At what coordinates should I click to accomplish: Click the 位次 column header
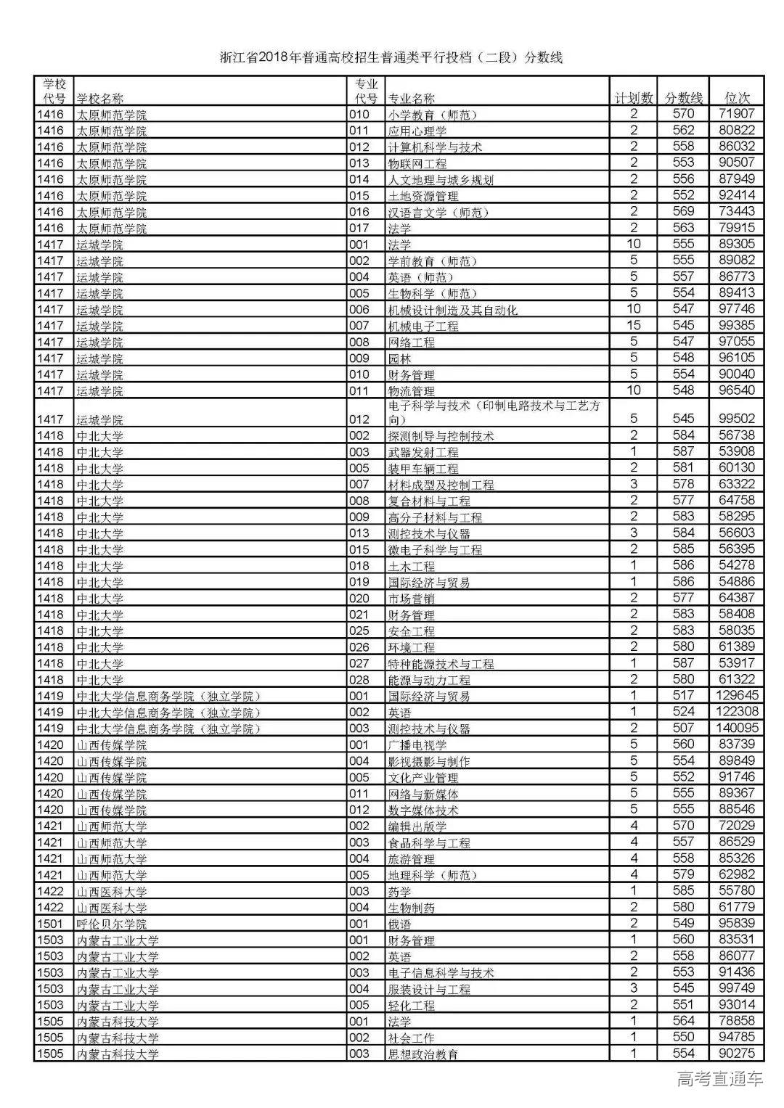tap(738, 98)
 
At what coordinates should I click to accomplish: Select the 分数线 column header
tap(684, 98)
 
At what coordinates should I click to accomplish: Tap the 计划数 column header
tap(634, 98)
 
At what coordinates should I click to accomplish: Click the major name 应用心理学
tap(417, 131)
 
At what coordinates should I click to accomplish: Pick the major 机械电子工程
tap(423, 327)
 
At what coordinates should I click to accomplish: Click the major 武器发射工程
tap(423, 452)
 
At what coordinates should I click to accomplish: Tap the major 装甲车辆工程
tap(423, 469)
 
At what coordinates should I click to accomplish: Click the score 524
tap(683, 712)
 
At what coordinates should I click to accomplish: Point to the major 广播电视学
tap(417, 745)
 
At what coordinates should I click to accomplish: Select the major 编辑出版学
tap(417, 826)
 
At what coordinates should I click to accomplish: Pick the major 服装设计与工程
tap(429, 989)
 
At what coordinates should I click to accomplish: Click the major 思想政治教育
tap(423, 1054)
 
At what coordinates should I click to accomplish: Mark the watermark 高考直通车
tap(719, 1079)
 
